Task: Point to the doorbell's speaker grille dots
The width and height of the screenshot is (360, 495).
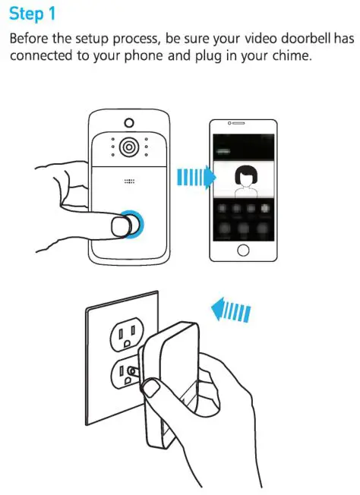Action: pyautogui.click(x=128, y=182)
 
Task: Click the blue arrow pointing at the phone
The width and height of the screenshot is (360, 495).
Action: pyautogui.click(x=194, y=178)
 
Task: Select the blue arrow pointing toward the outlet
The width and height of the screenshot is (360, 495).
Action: pyautogui.click(x=231, y=310)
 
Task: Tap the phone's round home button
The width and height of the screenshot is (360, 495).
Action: pyautogui.click(x=243, y=250)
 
